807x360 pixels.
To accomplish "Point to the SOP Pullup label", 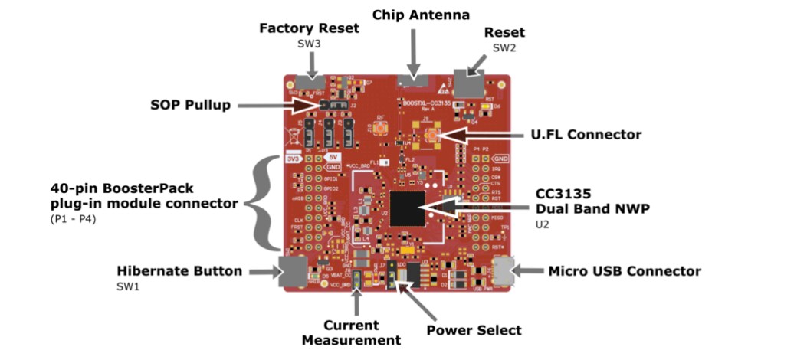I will tap(191, 105).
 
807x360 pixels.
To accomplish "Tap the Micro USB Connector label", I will tap(623, 271).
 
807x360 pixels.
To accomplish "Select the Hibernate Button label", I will tap(179, 271).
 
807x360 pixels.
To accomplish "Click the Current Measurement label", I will tap(351, 332).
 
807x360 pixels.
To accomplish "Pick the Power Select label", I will tap(474, 330).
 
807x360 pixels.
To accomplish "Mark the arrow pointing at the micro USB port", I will tap(528, 270).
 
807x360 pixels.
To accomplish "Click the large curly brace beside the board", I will tap(265, 202).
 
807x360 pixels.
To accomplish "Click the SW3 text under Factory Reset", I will tap(309, 44).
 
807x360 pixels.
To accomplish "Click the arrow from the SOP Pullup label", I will tap(284, 105).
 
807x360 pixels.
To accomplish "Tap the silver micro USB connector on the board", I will tap(502, 270).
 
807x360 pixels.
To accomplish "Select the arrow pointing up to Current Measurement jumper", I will tap(356, 300).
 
